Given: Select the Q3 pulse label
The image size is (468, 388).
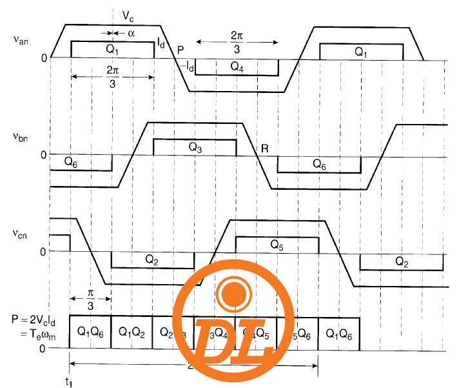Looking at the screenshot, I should tap(195, 147).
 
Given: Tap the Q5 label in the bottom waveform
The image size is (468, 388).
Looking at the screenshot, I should tap(277, 245).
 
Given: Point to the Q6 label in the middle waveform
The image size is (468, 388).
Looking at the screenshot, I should tap(320, 164).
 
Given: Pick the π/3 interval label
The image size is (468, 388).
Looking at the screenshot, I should tap(92, 300).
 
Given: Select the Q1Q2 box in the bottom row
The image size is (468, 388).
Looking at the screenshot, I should tap(132, 332).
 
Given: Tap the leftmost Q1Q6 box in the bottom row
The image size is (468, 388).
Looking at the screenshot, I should tap(90, 332).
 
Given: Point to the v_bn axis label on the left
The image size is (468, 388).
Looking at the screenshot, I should tap(20, 137).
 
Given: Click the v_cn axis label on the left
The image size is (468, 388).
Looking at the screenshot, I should tap(20, 232).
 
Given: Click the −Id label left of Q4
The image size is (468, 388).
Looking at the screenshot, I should tap(188, 65).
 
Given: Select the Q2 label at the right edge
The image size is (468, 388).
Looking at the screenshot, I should tap(401, 261).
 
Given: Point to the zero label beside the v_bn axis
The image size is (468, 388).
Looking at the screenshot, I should tap(43, 156).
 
